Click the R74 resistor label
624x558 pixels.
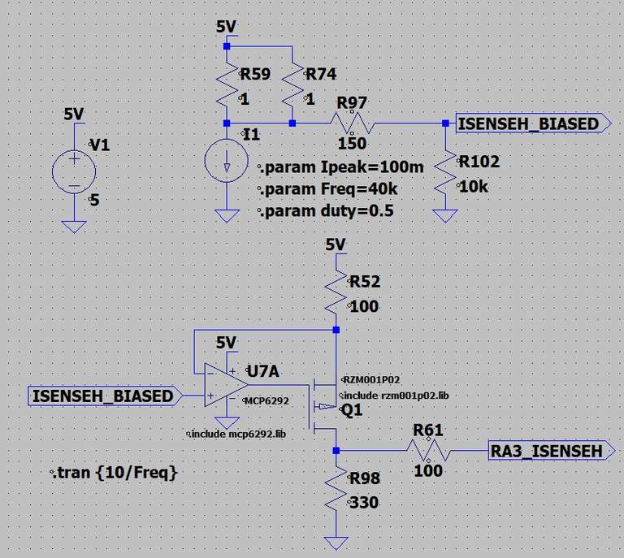click(x=320, y=75)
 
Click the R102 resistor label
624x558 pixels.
click(x=479, y=162)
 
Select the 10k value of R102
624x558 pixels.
click(x=473, y=186)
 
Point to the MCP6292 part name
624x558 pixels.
click(x=262, y=400)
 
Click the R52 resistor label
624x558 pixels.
click(x=365, y=282)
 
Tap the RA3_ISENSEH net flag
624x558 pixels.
click(x=547, y=451)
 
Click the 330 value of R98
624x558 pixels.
click(x=363, y=503)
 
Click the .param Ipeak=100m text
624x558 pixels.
click(x=342, y=167)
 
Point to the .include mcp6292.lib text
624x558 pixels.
click(x=236, y=434)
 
